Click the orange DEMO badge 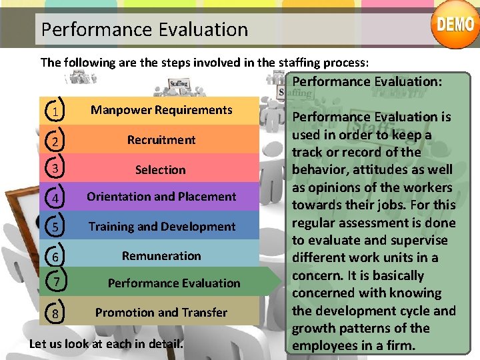coord(456,26)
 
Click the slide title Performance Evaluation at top coord(144,29)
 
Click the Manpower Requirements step coord(161,110)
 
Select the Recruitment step coord(161,140)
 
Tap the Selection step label coord(161,170)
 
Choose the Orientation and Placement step coord(161,197)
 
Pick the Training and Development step coord(162,227)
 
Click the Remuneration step coord(161,256)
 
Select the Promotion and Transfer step coord(161,313)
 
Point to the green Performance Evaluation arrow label coord(174,283)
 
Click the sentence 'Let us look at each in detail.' coord(106,344)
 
